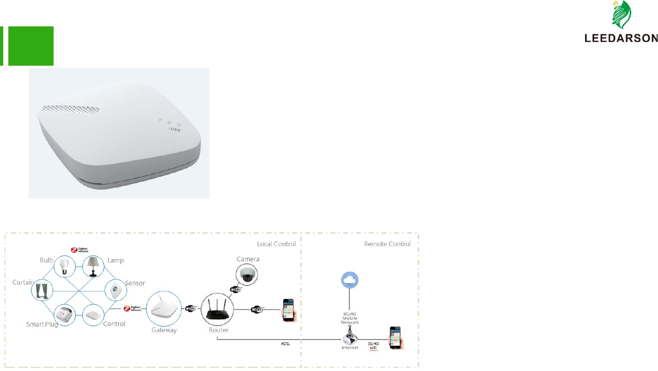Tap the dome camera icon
246,275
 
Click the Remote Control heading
387,244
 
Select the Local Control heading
276,244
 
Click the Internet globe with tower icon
349,336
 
